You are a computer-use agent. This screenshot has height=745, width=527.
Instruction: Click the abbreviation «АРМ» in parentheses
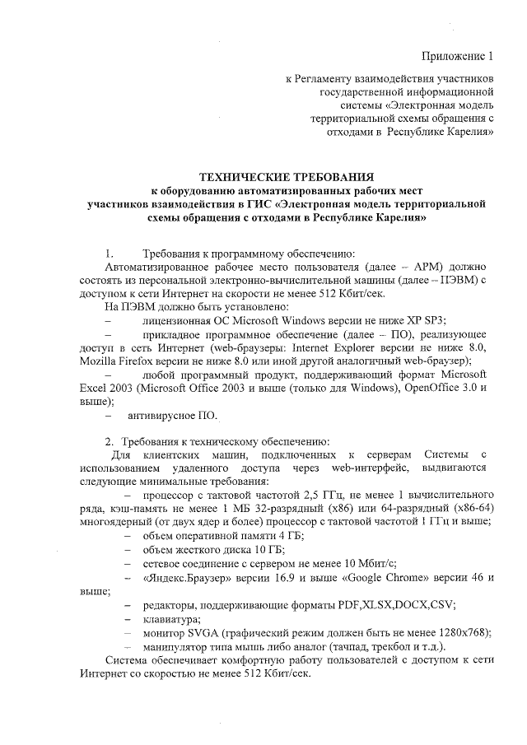pyautogui.click(x=417, y=268)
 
